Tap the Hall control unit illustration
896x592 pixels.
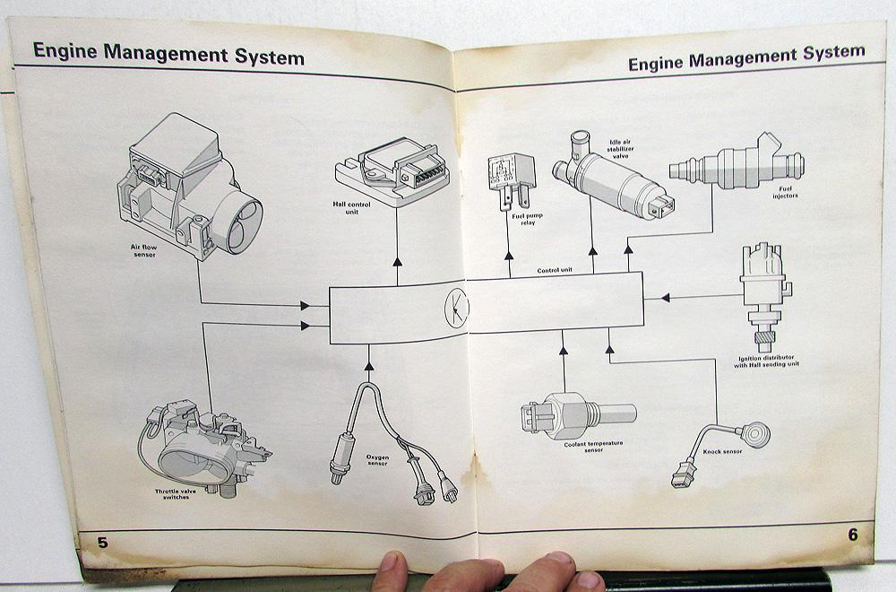tap(387, 170)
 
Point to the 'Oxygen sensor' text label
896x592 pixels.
tap(378, 459)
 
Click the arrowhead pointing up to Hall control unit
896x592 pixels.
tap(396, 260)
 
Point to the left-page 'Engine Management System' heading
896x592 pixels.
tap(168, 57)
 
